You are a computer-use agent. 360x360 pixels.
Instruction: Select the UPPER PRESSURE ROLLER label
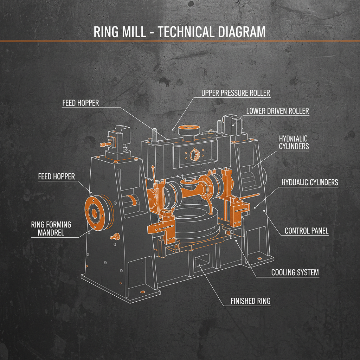tap(236, 93)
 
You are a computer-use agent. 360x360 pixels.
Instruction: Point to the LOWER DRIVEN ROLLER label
tap(277, 111)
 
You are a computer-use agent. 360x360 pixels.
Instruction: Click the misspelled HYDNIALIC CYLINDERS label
tap(294, 142)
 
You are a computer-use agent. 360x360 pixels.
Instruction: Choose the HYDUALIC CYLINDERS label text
tap(310, 182)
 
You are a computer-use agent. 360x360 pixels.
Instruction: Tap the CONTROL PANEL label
tap(307, 231)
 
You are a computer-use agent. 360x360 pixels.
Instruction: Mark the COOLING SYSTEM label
tap(295, 272)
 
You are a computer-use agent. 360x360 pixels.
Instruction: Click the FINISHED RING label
tap(250, 301)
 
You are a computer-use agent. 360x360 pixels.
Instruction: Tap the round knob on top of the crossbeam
tap(189, 130)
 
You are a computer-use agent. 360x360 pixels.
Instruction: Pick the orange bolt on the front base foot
tap(142, 292)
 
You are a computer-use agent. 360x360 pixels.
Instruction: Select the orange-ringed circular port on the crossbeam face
tap(194, 154)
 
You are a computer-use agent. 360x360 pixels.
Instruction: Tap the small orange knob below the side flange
tap(114, 237)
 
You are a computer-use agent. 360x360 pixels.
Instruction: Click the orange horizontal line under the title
tap(180, 41)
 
